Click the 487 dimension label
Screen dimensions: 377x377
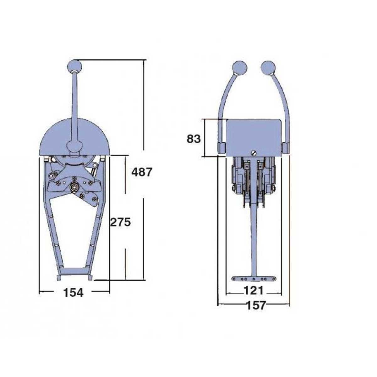(141, 172)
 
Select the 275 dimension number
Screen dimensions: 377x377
(120, 222)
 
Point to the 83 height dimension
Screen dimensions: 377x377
(194, 139)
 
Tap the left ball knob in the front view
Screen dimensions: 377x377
(240, 68)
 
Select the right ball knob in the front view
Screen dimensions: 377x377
(268, 68)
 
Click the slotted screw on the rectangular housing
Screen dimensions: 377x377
(253, 153)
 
